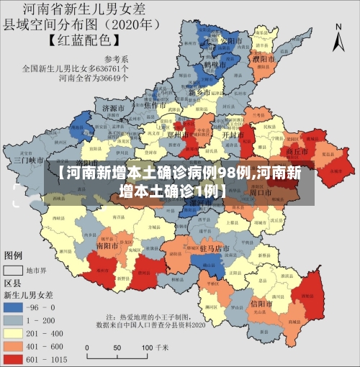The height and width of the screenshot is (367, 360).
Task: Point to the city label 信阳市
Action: click(260, 304)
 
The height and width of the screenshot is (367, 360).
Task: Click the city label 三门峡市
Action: click(29, 160)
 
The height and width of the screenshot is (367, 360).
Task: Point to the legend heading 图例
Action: click(14, 255)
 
